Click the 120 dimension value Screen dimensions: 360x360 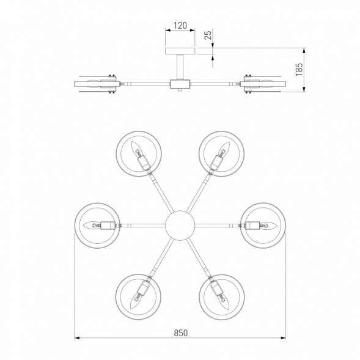click(x=180, y=26)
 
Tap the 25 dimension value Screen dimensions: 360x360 click(x=208, y=35)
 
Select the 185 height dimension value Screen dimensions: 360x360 click(x=299, y=69)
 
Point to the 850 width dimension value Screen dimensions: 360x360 click(x=181, y=332)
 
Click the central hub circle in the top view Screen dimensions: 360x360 click(x=180, y=226)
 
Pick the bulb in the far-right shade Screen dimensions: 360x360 click(x=268, y=226)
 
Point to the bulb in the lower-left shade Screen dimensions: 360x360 click(x=135, y=301)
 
